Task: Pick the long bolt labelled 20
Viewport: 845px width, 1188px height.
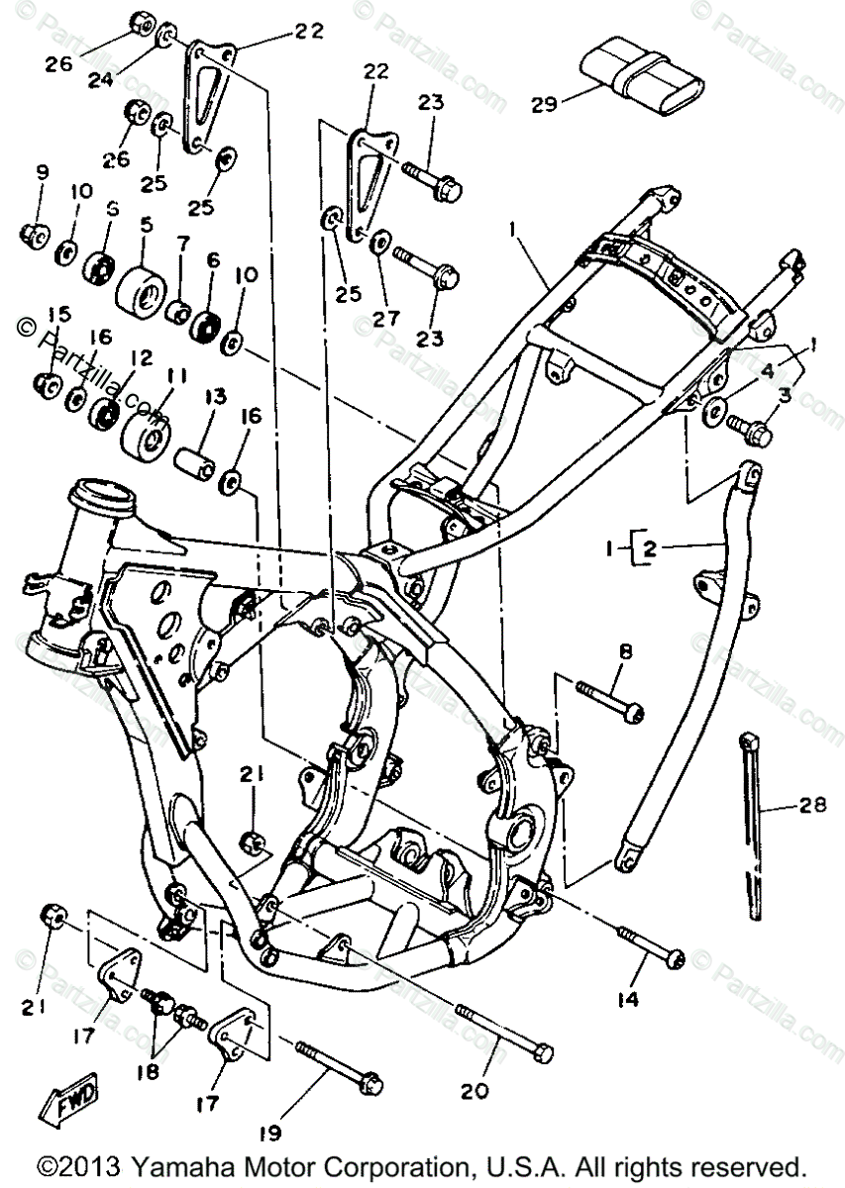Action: click(x=505, y=1030)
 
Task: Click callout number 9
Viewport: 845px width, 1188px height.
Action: click(x=43, y=172)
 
